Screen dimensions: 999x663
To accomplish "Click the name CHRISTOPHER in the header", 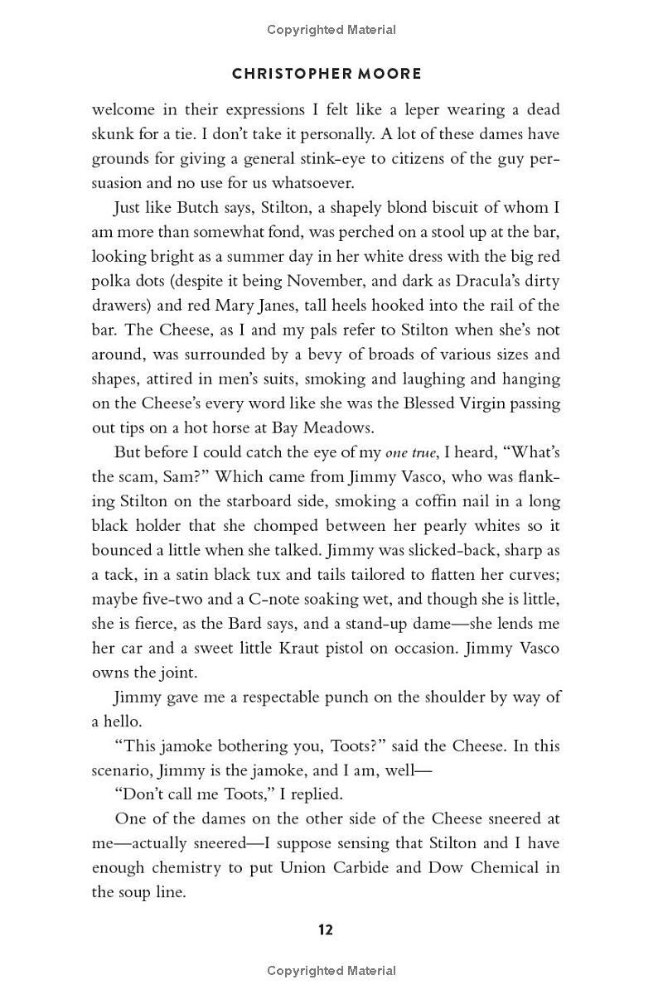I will (x=283, y=74).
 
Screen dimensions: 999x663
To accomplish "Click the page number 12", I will (x=326, y=929).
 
